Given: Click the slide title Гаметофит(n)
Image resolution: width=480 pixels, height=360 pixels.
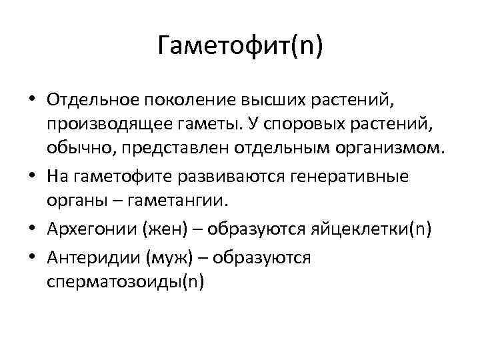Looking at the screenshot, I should pos(240,49).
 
